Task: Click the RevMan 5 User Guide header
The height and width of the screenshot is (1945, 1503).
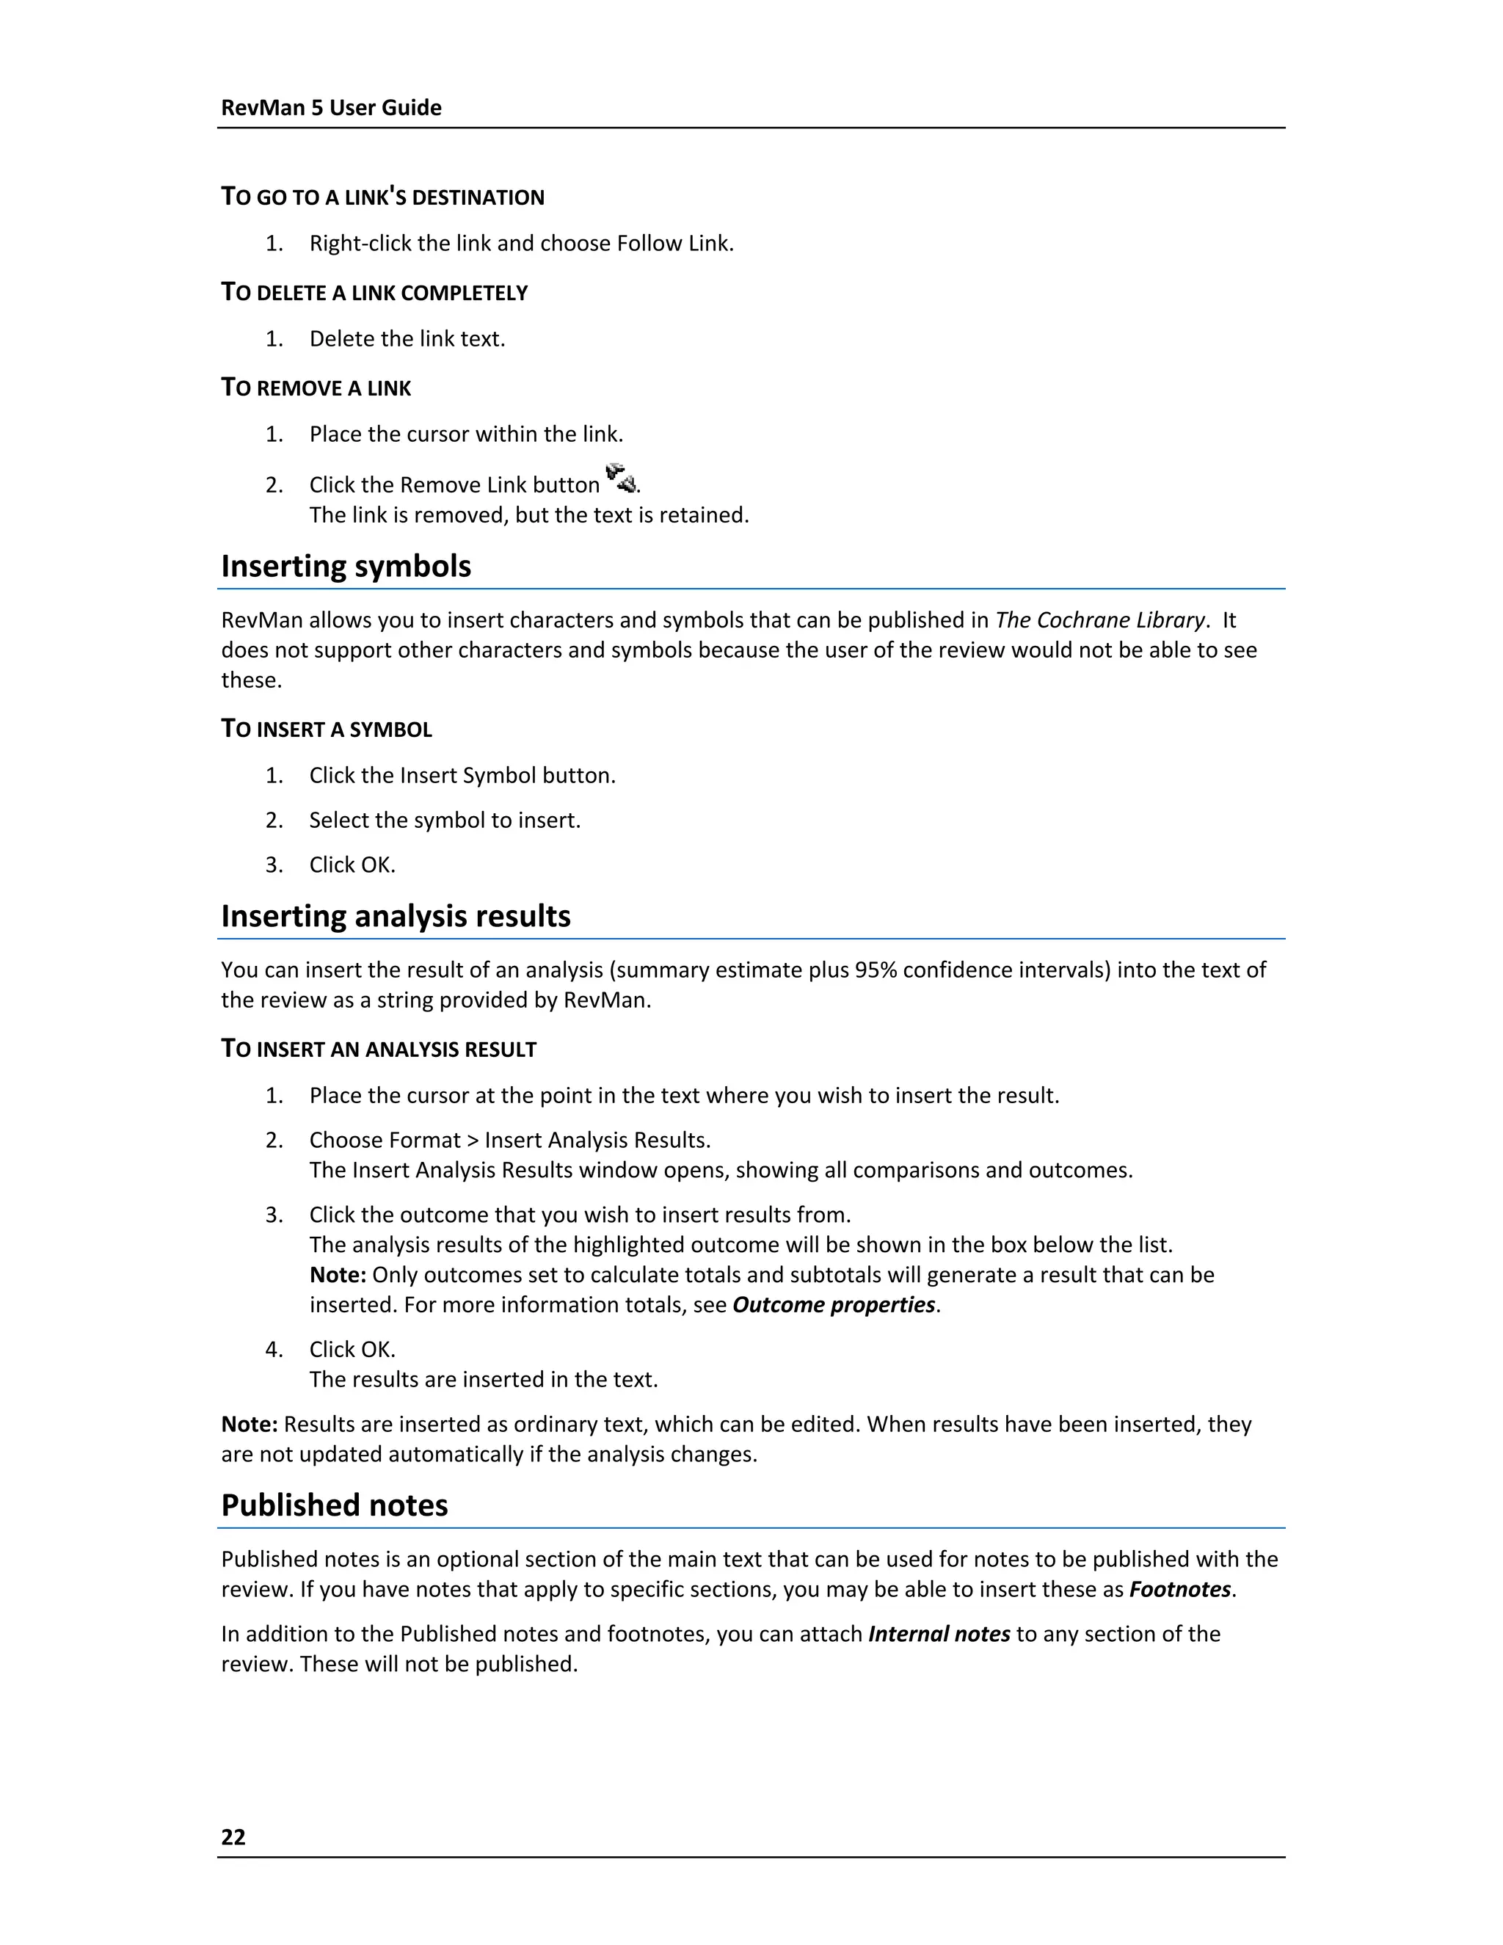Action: click(x=330, y=108)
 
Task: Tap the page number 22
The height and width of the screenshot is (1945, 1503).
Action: click(x=233, y=1836)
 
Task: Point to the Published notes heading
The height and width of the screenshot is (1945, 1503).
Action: click(x=334, y=1505)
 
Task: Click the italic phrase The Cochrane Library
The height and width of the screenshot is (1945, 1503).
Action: click(x=1099, y=620)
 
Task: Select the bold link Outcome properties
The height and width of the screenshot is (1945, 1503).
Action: click(x=834, y=1305)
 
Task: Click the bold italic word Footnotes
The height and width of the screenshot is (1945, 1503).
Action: click(x=1179, y=1590)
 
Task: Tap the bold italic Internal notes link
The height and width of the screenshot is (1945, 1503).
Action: click(x=939, y=1635)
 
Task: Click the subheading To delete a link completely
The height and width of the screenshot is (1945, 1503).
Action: click(x=374, y=293)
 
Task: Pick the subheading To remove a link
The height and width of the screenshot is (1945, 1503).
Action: click(x=316, y=388)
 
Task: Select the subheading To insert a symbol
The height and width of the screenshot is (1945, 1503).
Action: click(x=326, y=730)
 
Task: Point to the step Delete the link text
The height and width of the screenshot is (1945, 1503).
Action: click(x=407, y=339)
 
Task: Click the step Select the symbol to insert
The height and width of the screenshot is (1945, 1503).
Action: click(x=444, y=821)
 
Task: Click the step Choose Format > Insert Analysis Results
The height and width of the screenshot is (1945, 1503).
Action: click(x=509, y=1141)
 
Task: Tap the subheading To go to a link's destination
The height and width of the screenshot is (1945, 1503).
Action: click(x=383, y=197)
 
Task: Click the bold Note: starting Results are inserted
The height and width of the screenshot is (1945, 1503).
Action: click(x=250, y=1424)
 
